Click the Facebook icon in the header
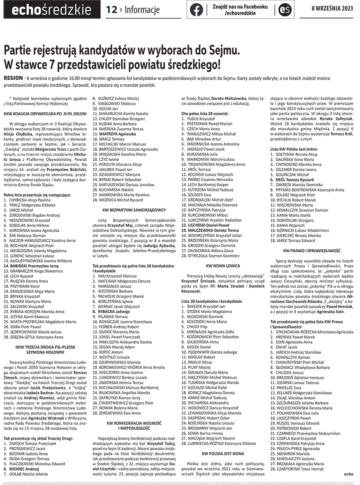tap(196, 9)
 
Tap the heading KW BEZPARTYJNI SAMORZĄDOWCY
tap(134, 210)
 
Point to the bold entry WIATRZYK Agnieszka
tap(118, 134)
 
